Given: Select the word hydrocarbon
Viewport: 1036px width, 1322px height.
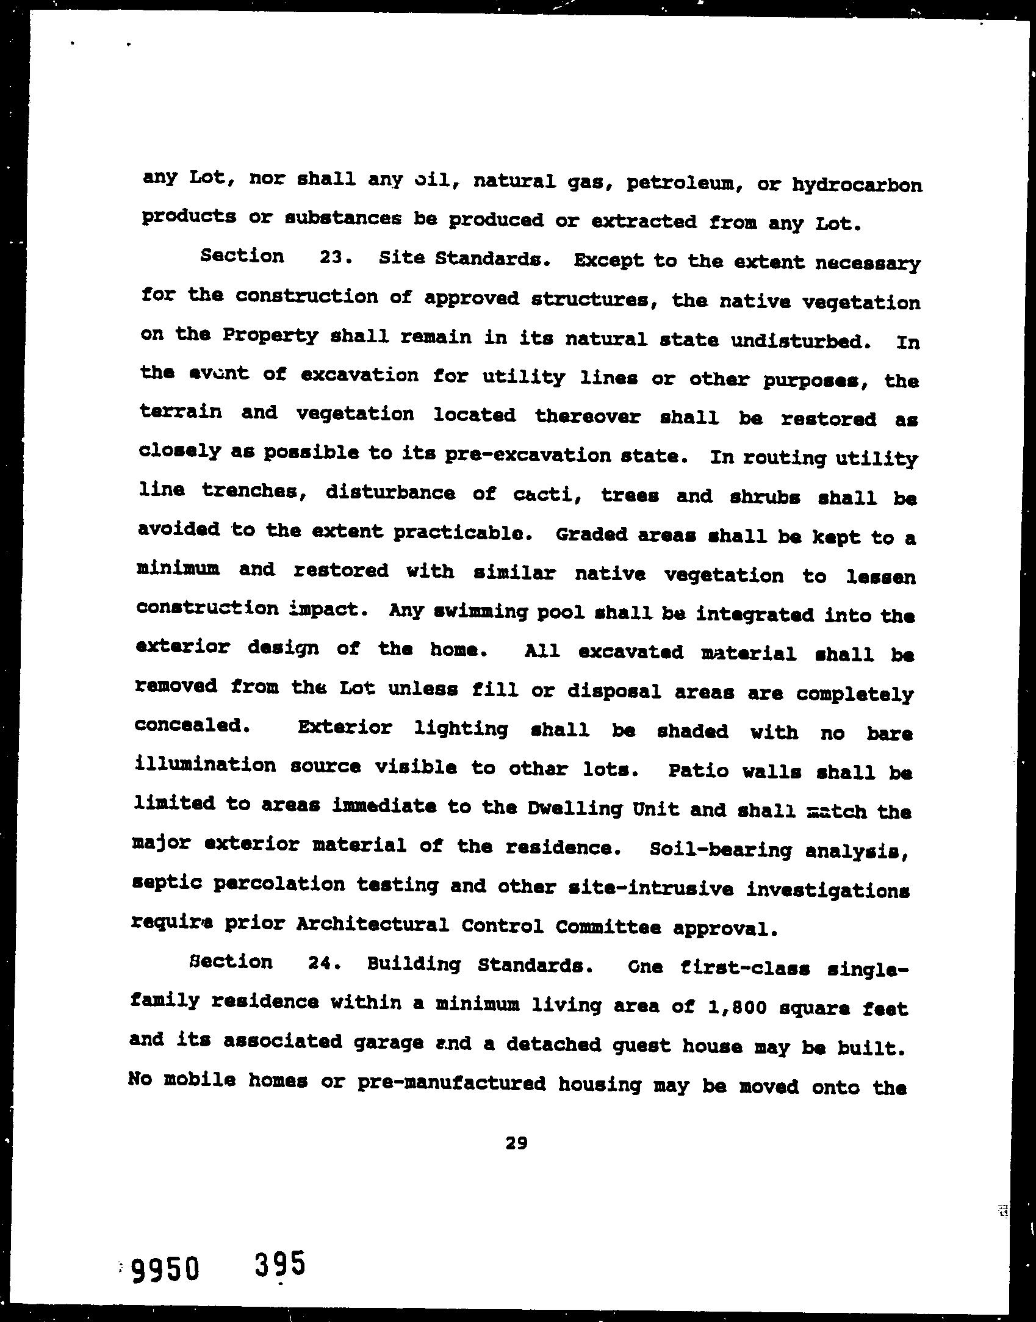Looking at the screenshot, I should click(x=857, y=185).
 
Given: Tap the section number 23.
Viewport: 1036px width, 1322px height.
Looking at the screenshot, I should click(x=333, y=257).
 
